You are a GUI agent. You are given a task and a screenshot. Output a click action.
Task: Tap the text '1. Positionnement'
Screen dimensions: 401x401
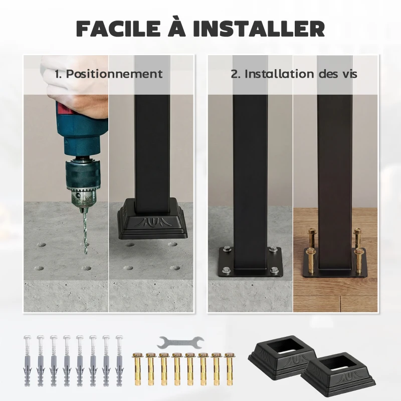[x=109, y=74]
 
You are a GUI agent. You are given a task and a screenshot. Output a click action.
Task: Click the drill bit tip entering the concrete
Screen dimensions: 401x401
[x=85, y=251]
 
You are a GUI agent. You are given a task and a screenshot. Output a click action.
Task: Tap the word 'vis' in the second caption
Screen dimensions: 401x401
[x=348, y=74]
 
